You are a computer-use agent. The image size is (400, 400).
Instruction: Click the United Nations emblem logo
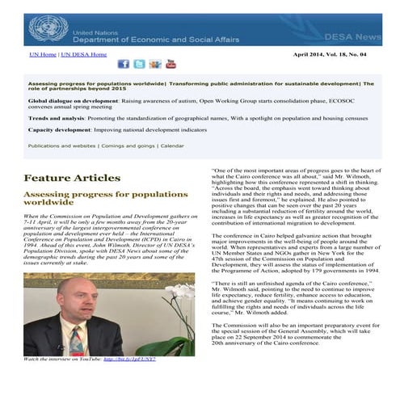click(x=48, y=28)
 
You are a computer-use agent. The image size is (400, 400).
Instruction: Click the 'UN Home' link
click(x=43, y=55)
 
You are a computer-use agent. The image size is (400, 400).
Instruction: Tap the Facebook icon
click(x=124, y=64)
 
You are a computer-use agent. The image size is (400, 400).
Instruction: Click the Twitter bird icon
click(x=139, y=64)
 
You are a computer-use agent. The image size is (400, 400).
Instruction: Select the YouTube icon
click(x=171, y=64)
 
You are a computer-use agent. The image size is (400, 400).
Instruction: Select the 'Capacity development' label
click(x=63, y=129)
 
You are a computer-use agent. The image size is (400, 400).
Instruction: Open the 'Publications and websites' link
click(x=61, y=146)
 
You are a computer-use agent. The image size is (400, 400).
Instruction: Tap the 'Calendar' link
click(x=171, y=146)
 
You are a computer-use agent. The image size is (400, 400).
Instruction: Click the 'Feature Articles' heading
click(x=72, y=178)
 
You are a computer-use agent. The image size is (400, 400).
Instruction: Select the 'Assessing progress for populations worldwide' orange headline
click(x=105, y=199)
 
